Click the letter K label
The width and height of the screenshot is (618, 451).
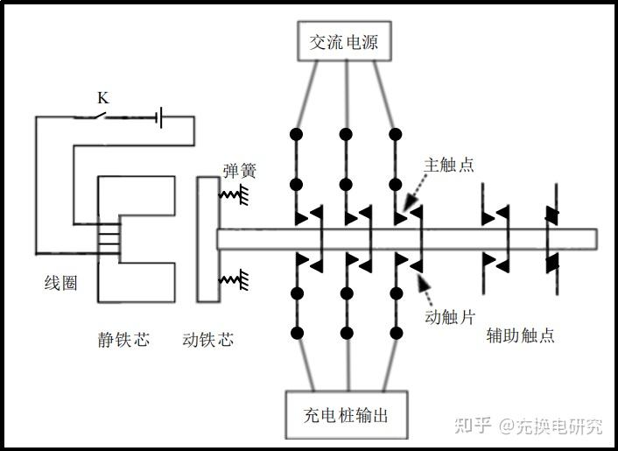pos(103,98)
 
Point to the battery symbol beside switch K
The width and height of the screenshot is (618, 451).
pos(159,117)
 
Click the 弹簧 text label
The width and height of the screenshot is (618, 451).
pos(240,171)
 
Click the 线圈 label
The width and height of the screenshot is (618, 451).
pos(60,283)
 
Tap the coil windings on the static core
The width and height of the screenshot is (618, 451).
pos(109,237)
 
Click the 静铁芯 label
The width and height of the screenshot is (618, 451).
pos(123,340)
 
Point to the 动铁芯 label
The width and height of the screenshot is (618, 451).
pos(208,340)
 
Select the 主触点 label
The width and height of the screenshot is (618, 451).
pos(448,165)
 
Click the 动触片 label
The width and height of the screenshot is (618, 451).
pos(450,316)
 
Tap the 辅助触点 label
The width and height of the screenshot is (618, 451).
pos(520,335)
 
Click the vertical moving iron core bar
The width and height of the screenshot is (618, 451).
pos(208,239)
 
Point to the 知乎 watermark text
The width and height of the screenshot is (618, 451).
pos(472,426)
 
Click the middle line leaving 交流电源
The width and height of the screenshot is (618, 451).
pos(347,95)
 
